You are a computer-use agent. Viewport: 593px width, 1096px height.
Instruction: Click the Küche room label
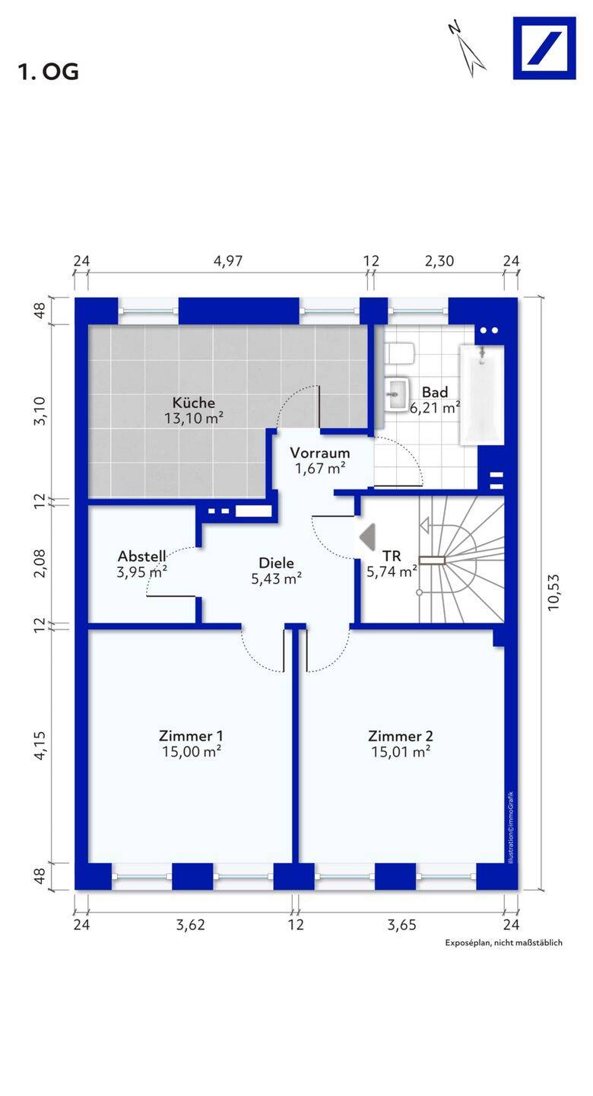[x=194, y=403]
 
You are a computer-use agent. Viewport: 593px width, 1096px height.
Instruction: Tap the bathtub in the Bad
[x=481, y=395]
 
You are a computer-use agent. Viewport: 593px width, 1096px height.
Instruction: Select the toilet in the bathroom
[x=400, y=353]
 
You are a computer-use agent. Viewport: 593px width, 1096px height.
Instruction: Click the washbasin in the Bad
[x=397, y=394]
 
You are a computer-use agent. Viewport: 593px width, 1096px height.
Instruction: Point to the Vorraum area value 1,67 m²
[x=320, y=468]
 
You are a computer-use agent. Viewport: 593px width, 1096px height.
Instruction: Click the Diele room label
[x=276, y=563]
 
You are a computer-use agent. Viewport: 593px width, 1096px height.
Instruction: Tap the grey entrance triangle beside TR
[x=367, y=537]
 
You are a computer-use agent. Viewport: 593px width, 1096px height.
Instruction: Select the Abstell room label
[x=141, y=556]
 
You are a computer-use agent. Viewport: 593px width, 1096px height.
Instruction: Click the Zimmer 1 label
[x=191, y=736]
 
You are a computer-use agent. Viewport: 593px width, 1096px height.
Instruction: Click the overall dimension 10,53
[x=553, y=592]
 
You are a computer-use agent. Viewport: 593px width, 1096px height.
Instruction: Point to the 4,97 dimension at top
[x=228, y=261]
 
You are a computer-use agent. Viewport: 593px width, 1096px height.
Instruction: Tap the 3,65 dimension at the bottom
[x=402, y=925]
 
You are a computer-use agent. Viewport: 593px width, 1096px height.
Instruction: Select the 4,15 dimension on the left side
[x=40, y=745]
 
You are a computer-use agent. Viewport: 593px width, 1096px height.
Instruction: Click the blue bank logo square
[x=544, y=48]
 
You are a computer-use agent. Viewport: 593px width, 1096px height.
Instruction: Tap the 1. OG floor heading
[x=48, y=72]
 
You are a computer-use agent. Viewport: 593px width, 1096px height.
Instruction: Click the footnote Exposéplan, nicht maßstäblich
[x=503, y=942]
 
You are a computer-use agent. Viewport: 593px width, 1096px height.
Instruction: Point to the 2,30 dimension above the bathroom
[x=439, y=261]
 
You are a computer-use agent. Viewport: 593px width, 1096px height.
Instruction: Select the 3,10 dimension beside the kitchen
[x=40, y=410]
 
